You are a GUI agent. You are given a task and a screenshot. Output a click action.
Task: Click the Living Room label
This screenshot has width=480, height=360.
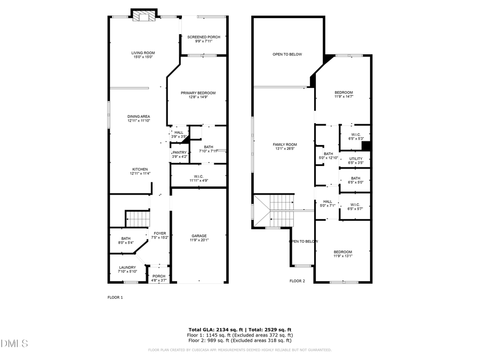point(143,54)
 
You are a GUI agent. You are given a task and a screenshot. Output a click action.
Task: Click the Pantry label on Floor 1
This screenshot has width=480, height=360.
point(179,154)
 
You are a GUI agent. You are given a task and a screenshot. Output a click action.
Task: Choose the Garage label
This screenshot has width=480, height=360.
point(199,237)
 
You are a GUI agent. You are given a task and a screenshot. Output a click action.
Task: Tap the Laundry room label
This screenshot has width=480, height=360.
point(127,269)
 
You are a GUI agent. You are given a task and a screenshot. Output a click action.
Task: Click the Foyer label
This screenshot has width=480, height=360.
point(160,235)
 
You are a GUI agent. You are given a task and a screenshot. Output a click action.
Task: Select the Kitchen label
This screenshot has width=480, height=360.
point(140,171)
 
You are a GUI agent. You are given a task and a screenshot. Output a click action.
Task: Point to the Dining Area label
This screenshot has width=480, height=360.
point(139,118)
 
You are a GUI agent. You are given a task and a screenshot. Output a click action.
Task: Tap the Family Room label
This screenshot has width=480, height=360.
point(285,147)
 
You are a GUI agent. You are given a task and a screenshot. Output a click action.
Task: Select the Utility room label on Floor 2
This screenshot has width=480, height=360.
point(356,160)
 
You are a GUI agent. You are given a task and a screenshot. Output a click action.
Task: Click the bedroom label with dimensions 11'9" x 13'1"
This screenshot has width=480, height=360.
point(343,254)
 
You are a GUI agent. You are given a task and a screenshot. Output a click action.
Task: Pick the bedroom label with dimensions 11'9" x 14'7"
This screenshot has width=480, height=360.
point(343,94)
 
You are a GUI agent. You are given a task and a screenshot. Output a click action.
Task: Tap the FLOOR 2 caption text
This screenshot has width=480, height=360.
point(297,281)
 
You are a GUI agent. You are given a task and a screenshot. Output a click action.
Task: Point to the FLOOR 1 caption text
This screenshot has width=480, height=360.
point(115,297)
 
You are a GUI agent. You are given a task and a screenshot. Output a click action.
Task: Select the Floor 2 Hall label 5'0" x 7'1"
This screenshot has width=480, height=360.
point(327,203)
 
